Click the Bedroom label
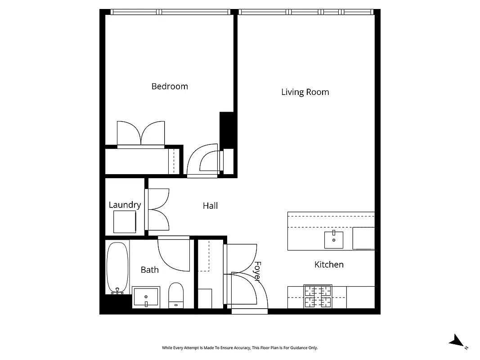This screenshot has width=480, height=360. click(170, 86)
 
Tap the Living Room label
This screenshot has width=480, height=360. click(305, 92)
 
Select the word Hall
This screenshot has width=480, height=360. click(210, 206)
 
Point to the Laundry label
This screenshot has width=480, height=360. click(125, 205)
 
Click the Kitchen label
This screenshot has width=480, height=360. click(329, 265)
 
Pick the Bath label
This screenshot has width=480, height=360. click(149, 270)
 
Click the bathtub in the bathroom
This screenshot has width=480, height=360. click(117, 268)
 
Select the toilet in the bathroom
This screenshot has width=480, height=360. click(176, 295)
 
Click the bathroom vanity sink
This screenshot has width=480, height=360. click(146, 297)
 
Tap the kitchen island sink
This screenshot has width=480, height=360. click(334, 240)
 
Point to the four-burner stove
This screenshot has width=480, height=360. click(318, 297)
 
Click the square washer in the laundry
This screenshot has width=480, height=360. click(125, 222)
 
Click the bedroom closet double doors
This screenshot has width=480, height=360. click(141, 133)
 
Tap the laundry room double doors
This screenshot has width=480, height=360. click(157, 209)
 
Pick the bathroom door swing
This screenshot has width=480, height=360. click(174, 254)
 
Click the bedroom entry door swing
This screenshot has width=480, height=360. click(203, 160)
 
